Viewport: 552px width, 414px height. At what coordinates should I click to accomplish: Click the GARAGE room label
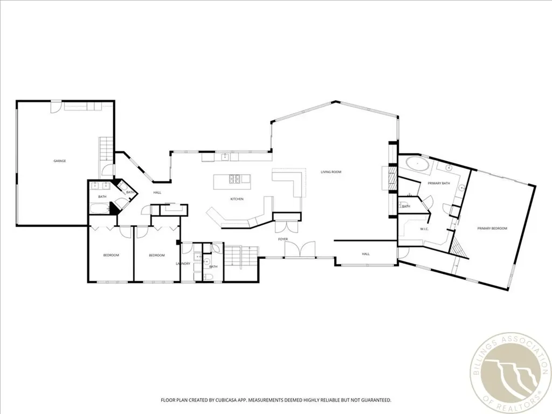tap(59, 161)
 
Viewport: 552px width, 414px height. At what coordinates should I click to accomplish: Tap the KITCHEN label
tap(237, 199)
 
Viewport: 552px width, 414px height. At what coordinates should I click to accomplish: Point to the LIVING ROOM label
tap(331, 172)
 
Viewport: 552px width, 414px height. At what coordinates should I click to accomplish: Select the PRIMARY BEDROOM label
tap(492, 229)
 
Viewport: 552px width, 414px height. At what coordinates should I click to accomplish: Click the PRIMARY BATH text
tap(439, 183)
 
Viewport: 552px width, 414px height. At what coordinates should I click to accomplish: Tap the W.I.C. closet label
tap(424, 229)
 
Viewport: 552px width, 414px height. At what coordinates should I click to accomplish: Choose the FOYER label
tap(283, 239)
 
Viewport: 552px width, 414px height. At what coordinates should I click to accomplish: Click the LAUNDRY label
tap(183, 264)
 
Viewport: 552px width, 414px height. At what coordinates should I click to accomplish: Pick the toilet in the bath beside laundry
tap(208, 277)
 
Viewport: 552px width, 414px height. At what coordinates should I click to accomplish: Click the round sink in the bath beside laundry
tap(206, 261)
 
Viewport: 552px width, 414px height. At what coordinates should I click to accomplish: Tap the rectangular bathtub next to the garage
tap(100, 209)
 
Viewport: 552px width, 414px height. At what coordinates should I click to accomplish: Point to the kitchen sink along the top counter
tap(225, 156)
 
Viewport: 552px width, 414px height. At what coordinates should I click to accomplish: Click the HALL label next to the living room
tap(366, 254)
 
